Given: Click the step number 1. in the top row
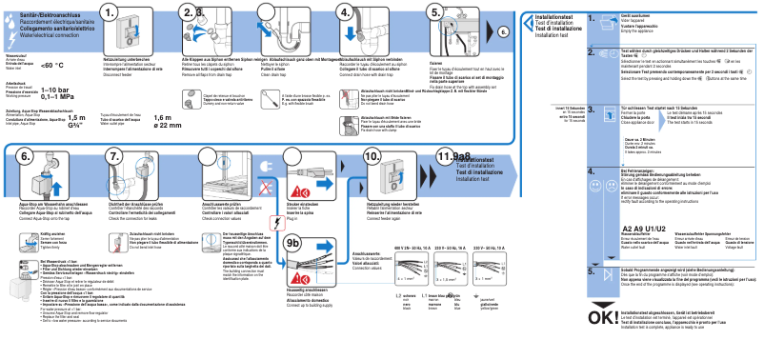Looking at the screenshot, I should [x=113, y=13].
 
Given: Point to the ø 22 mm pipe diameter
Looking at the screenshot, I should [x=167, y=125].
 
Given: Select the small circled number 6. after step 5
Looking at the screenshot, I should [x=504, y=31].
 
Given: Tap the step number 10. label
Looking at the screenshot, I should [x=372, y=156].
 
